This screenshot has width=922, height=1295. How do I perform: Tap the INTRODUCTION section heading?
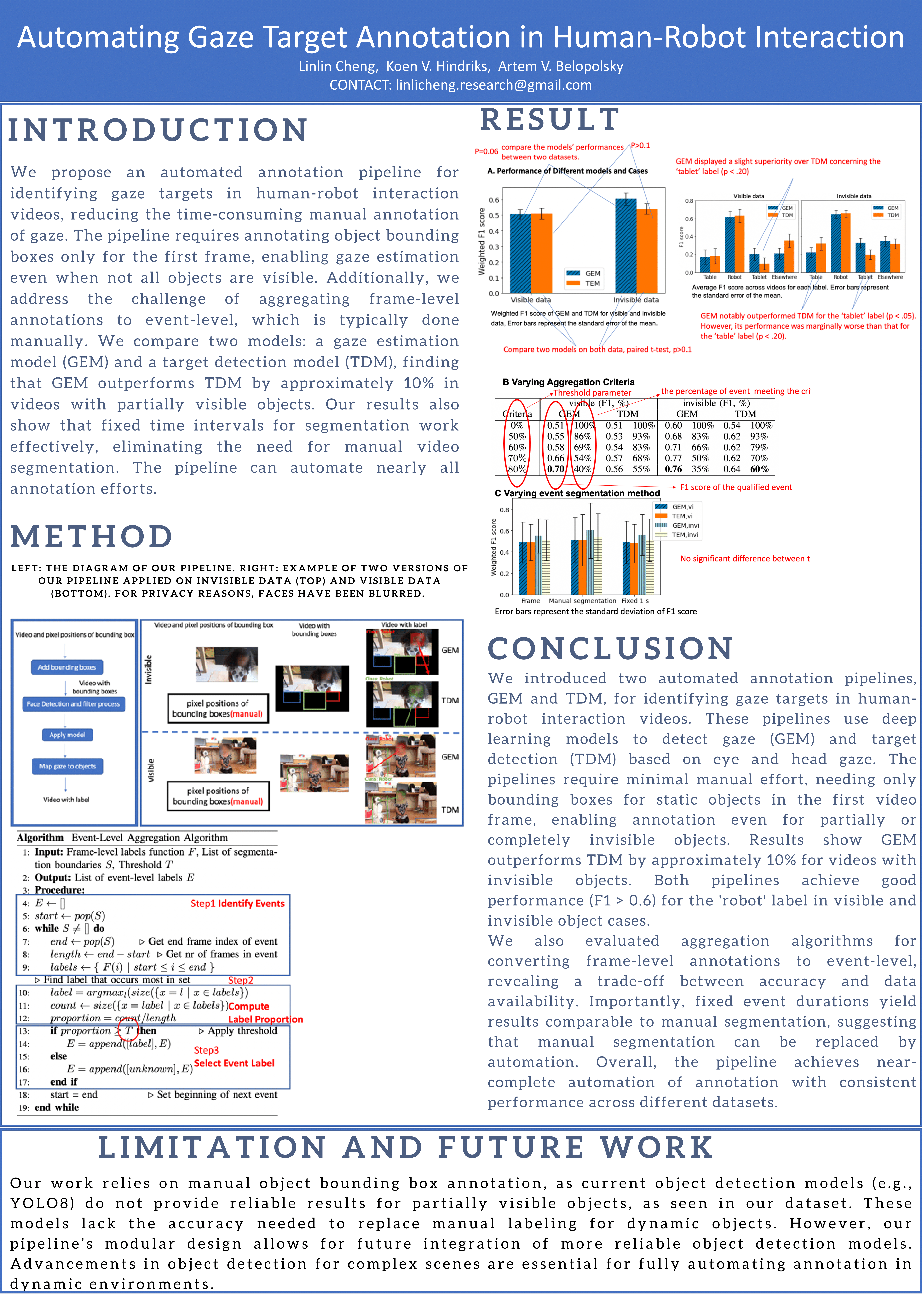[158, 130]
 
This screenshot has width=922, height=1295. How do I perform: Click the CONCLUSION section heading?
[610, 649]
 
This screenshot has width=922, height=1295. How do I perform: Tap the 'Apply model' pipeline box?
[67, 735]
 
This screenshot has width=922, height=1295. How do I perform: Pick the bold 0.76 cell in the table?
[673, 469]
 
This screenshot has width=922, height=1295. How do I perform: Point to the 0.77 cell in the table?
[673, 458]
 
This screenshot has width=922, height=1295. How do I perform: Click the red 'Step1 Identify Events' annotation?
[237, 903]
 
